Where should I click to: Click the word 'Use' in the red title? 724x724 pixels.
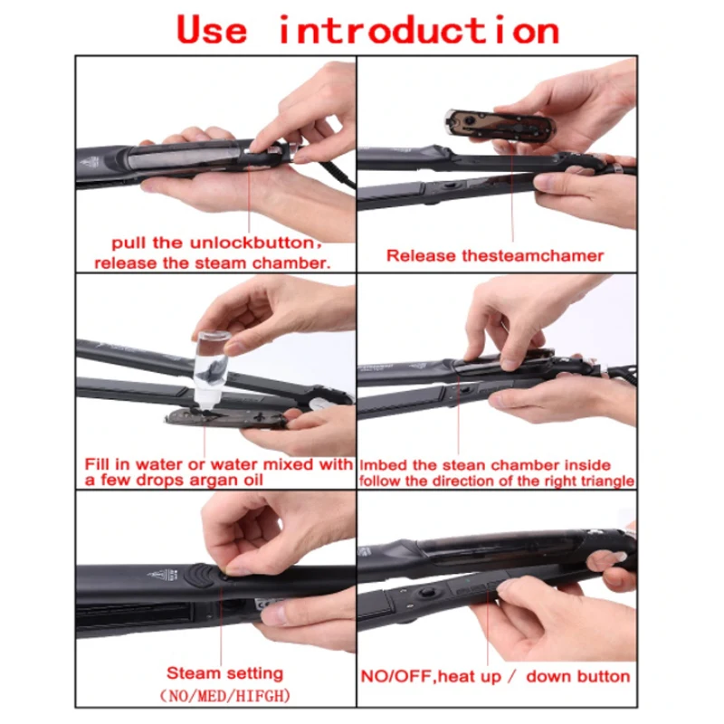[212, 30]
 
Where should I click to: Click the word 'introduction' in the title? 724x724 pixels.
[419, 30]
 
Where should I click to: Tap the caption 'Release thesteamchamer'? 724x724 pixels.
[495, 255]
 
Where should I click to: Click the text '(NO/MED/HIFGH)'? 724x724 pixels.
[225, 695]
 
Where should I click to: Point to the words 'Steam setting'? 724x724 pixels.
[224, 673]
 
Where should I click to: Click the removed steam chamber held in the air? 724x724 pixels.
[500, 124]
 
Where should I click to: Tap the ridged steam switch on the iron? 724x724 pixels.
[199, 576]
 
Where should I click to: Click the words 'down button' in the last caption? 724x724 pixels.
[578, 676]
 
